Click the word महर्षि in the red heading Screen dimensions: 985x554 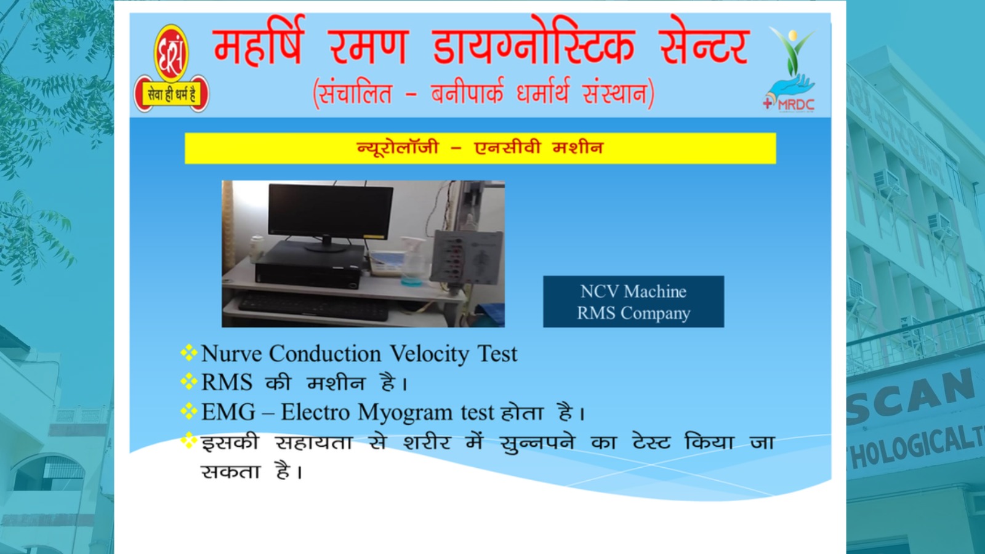click(x=259, y=43)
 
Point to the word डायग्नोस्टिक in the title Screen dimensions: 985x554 click(x=533, y=43)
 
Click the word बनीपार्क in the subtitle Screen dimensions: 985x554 click(x=467, y=93)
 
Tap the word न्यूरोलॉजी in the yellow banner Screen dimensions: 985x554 click(x=398, y=147)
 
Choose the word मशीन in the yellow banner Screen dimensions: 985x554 click(x=578, y=147)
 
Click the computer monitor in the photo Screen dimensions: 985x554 click(x=331, y=216)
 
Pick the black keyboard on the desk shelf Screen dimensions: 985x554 click(x=313, y=305)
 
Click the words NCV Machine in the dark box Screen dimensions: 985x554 click(x=633, y=292)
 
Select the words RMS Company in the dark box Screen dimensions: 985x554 click(x=633, y=313)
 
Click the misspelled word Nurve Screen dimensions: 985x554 click(x=231, y=353)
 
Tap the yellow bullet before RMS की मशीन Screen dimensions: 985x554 click(x=188, y=381)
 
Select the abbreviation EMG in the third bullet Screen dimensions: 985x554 click(x=228, y=412)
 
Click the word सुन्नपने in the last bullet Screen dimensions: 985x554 click(x=537, y=443)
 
